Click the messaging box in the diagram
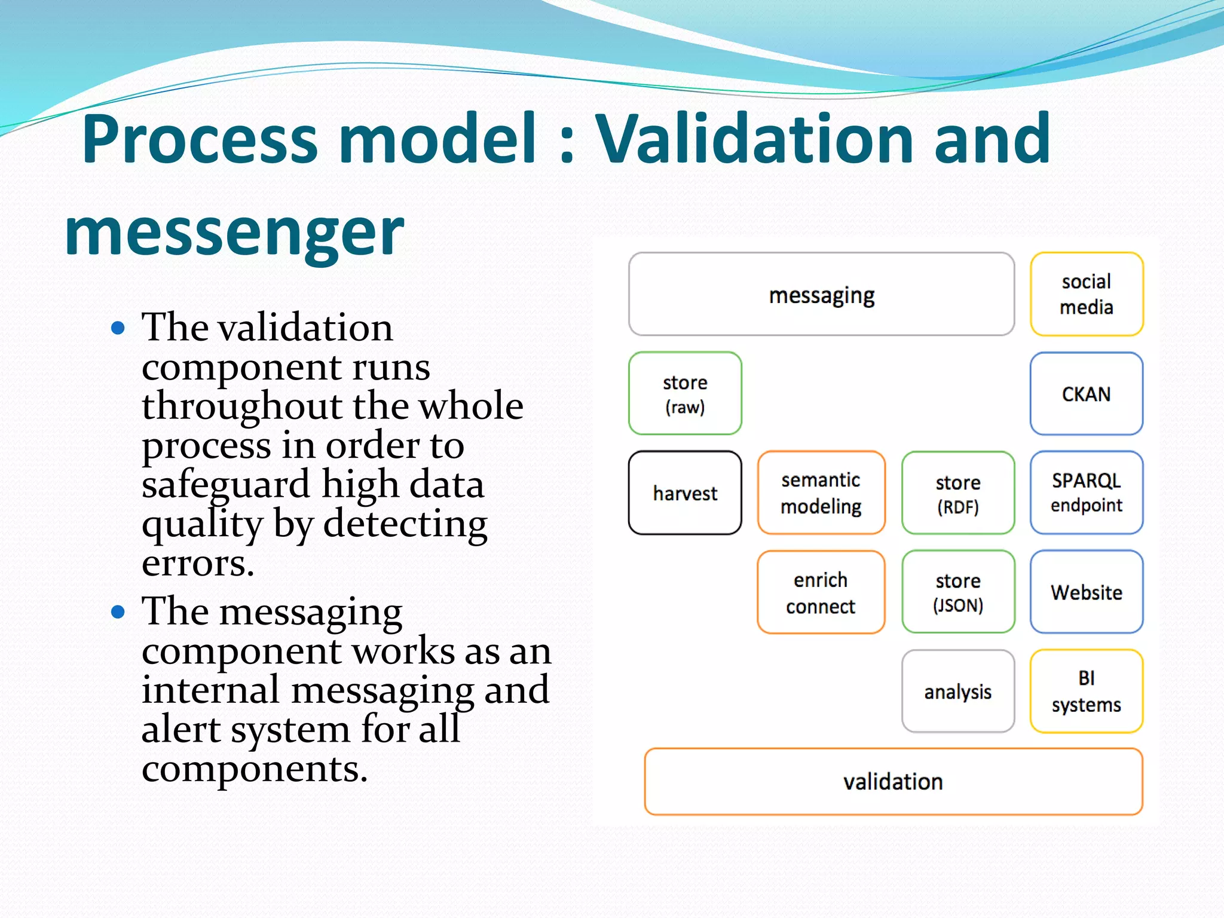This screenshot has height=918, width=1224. pos(821,295)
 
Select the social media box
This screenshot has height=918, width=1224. pos(1086,295)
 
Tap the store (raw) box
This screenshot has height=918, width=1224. pos(685,394)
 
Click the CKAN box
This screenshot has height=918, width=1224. pos(1086,394)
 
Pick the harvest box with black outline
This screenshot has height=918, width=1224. pos(685,493)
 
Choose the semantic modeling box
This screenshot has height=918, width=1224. pos(821,493)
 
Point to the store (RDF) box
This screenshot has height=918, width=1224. pos(957,493)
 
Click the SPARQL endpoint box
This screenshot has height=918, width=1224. pos(1086,493)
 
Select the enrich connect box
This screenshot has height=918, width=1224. pos(821,592)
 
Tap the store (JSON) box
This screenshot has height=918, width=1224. pos(957,592)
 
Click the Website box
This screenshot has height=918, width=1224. pos(1086,592)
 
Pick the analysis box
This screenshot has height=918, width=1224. pos(957,691)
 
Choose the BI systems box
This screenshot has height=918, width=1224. pos(1086,691)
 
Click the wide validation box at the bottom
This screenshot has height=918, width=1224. pos(893,782)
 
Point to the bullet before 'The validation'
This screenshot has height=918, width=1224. pos(118,328)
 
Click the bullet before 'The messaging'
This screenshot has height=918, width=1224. pos(118,612)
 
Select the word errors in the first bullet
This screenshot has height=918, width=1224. pos(198,564)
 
